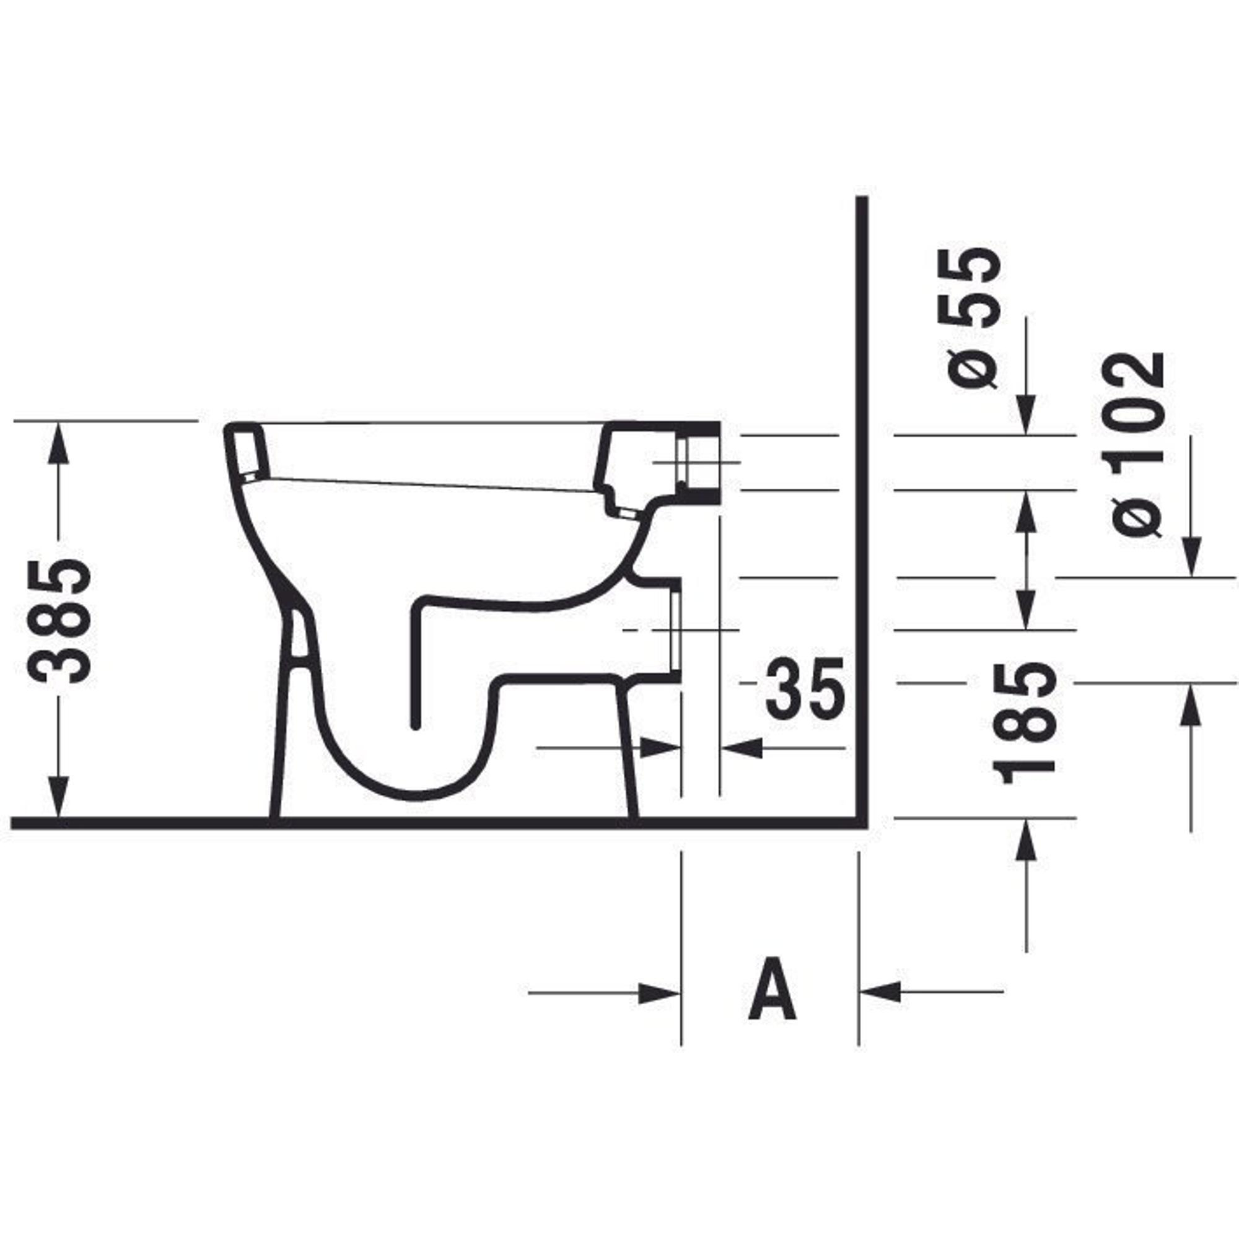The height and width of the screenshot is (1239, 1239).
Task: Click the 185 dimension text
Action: pos(1024,724)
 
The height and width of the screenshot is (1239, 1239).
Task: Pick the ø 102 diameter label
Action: pos(1137,443)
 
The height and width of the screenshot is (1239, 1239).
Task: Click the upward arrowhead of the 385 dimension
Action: pos(58,442)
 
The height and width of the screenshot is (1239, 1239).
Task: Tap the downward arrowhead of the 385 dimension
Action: pos(58,797)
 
